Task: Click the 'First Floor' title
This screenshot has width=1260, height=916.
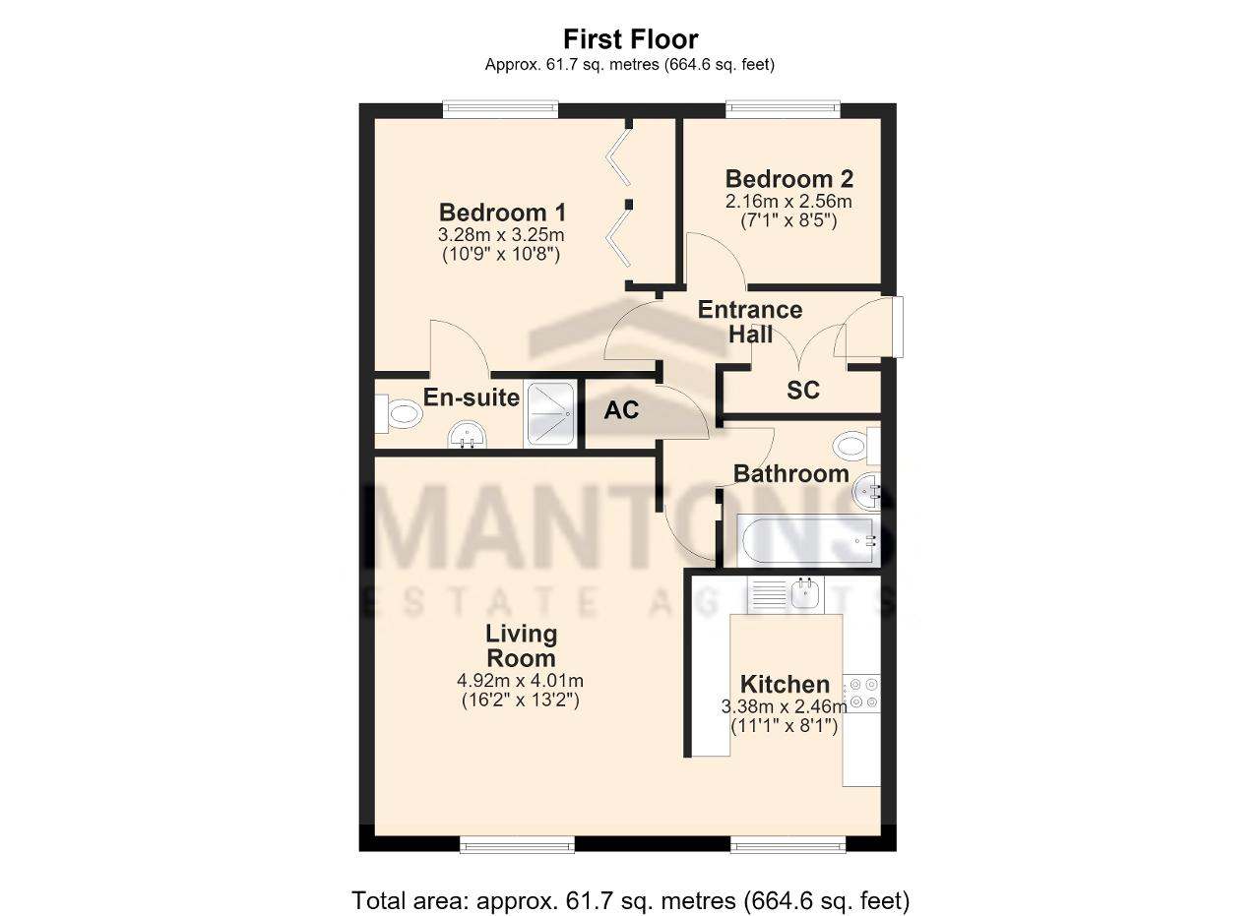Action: tap(631, 39)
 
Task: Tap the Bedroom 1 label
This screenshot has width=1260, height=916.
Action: tap(502, 213)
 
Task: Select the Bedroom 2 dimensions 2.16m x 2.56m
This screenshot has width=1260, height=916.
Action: tap(788, 202)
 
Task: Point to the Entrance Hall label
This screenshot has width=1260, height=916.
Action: tap(750, 322)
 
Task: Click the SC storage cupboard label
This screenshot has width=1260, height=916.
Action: tap(802, 390)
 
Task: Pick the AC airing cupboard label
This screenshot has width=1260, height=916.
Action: tap(621, 410)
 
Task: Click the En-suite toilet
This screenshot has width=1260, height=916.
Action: tap(399, 414)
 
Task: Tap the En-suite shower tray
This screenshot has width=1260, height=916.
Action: tap(549, 414)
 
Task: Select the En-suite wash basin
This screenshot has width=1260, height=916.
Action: tap(468, 435)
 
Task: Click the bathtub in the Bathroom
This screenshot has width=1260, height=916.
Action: tap(808, 540)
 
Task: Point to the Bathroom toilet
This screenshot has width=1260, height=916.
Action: tap(856, 446)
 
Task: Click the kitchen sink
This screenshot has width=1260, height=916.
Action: tap(786, 594)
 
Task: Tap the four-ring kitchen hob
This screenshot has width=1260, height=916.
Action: tap(861, 694)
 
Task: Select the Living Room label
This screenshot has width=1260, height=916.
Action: tap(522, 645)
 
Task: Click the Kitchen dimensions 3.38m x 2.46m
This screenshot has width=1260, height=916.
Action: tap(785, 706)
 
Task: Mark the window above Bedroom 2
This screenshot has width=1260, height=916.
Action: tap(783, 109)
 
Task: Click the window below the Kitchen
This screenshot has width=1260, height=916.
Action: tap(788, 844)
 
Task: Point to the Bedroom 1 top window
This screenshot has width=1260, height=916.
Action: tap(501, 109)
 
